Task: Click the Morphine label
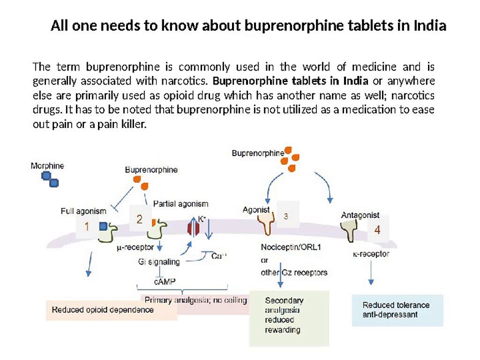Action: (x=47, y=166)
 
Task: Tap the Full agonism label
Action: (x=83, y=211)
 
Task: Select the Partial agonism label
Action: (x=180, y=204)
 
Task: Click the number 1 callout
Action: (x=86, y=226)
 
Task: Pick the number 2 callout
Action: (x=139, y=219)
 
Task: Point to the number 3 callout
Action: (x=286, y=216)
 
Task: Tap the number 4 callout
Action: (x=377, y=230)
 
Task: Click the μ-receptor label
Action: (x=135, y=247)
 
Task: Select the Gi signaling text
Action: (x=159, y=261)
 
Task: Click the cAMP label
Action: (x=164, y=281)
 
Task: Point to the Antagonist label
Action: (x=360, y=215)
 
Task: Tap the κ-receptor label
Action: (x=371, y=254)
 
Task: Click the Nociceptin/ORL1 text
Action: (x=291, y=247)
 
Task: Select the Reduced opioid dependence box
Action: (x=111, y=310)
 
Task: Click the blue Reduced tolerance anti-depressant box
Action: (x=397, y=310)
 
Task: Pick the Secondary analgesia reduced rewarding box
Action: (x=289, y=318)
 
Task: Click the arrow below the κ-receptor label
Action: (x=371, y=273)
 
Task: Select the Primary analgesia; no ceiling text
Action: (x=195, y=300)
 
